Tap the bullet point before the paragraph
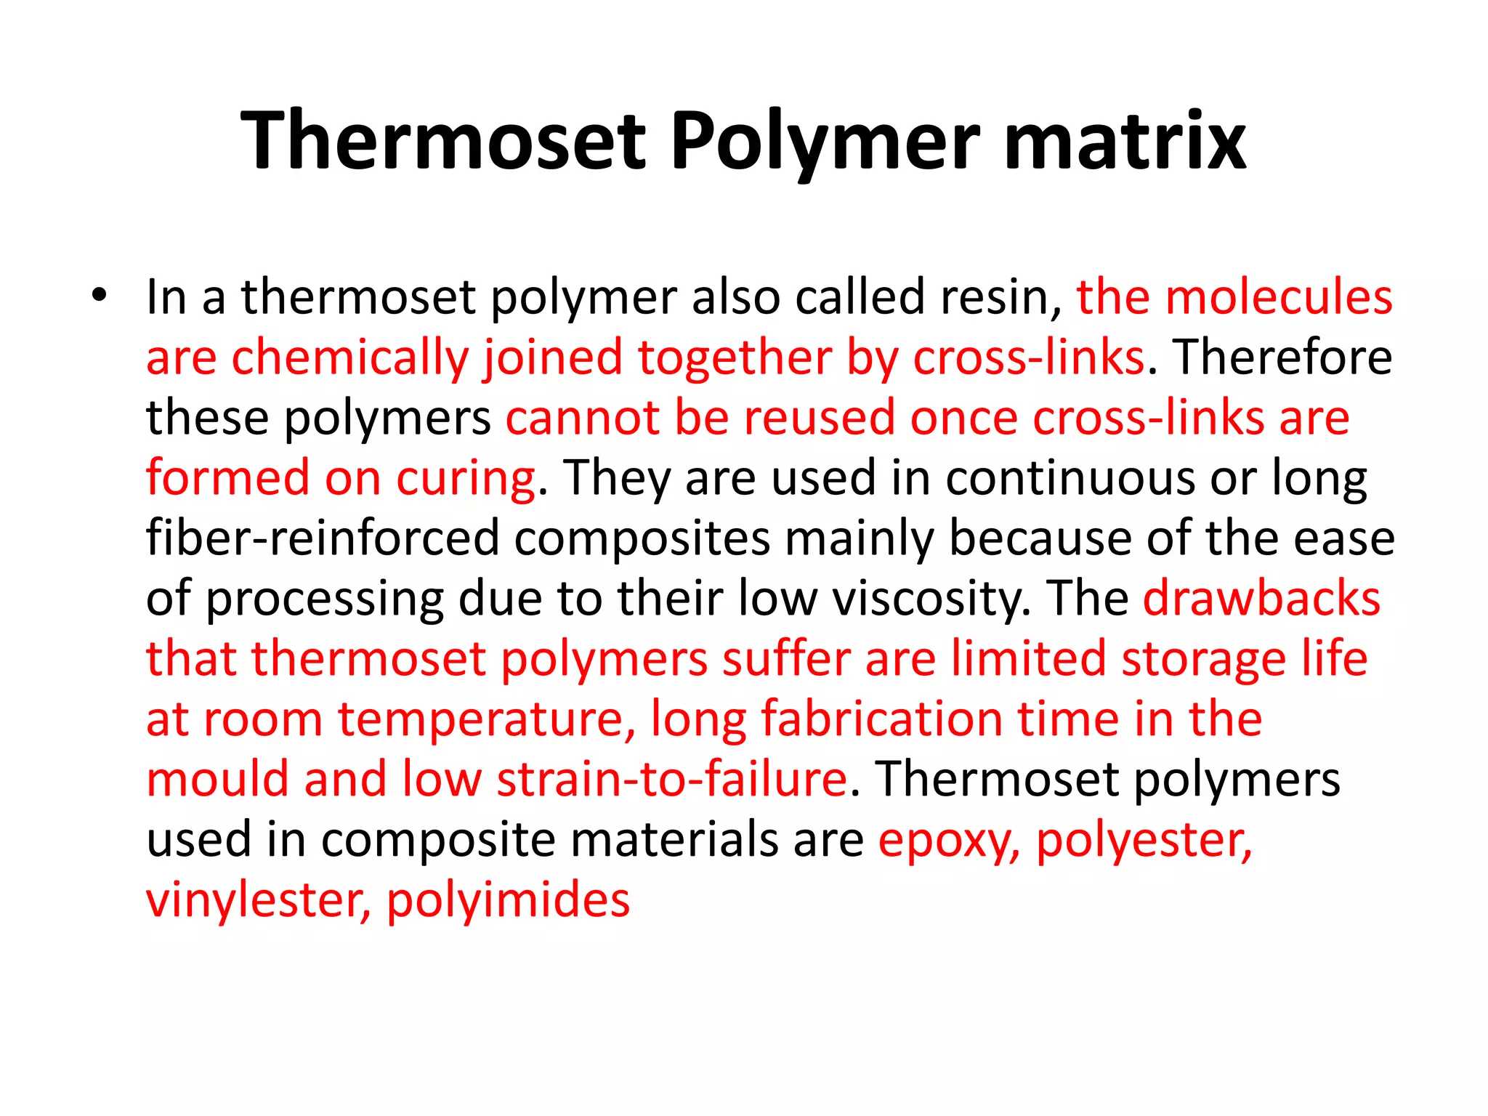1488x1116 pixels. click(100, 296)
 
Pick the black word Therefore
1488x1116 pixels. click(1283, 357)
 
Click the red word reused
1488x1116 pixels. click(820, 418)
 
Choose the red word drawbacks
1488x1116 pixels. click(1261, 599)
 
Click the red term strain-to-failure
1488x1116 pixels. click(671, 780)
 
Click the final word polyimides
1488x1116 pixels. click(508, 901)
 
